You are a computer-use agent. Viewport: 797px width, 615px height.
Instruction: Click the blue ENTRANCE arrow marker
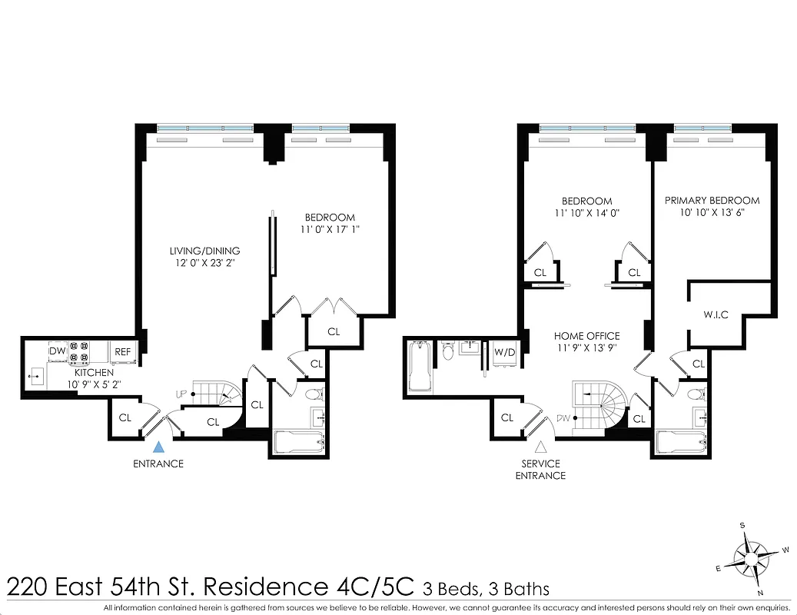tap(158, 446)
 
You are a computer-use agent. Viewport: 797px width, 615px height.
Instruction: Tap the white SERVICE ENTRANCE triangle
tap(541, 446)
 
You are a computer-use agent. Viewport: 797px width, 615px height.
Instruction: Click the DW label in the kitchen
tap(58, 351)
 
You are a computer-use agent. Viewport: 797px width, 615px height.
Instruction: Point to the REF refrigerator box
tap(123, 351)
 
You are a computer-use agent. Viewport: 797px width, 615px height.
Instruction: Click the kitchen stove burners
tap(79, 352)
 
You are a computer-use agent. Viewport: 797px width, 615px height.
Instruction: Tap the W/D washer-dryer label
tap(505, 352)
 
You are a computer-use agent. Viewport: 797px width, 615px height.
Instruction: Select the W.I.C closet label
tap(716, 314)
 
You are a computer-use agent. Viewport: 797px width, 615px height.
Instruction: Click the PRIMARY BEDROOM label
tap(712, 201)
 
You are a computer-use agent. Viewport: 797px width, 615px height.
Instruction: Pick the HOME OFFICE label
tap(586, 336)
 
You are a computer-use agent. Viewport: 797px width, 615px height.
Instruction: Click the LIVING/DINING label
tap(204, 251)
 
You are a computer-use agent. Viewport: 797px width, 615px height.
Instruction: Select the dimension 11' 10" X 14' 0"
tap(586, 214)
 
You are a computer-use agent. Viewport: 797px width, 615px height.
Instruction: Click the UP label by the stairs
tap(181, 394)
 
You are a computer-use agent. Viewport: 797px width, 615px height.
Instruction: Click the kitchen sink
tap(36, 377)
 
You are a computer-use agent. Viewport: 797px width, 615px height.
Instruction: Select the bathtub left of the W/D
tap(421, 367)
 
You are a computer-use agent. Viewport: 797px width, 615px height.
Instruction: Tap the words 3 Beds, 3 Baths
tap(486, 590)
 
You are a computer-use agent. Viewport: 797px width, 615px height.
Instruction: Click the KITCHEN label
tap(95, 372)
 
